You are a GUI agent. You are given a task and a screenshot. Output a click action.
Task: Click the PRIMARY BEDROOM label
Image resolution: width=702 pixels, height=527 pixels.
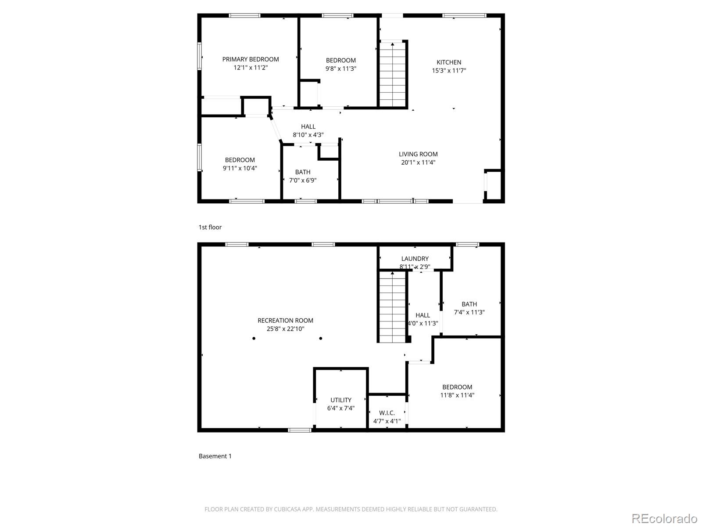point(251,59)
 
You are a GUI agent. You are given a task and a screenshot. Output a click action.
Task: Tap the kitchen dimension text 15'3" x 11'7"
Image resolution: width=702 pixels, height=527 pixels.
point(448,70)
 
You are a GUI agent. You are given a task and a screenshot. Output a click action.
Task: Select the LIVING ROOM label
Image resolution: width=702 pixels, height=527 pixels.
point(418,154)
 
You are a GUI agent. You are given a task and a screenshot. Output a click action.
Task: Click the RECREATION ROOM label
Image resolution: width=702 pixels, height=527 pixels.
point(285,321)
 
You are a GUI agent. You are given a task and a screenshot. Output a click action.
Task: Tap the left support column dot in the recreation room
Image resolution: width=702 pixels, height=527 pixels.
point(254,338)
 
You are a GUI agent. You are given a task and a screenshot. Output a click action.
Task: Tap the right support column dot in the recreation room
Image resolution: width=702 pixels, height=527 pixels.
point(321,338)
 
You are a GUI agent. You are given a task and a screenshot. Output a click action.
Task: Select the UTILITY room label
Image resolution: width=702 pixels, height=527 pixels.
point(341,400)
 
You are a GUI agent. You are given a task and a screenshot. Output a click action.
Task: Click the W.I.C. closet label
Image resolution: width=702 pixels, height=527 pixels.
point(387,413)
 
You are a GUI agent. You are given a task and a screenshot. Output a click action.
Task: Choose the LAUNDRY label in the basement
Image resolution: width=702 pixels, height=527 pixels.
point(415,259)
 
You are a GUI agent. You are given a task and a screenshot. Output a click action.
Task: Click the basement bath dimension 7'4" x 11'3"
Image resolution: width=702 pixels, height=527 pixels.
point(469,312)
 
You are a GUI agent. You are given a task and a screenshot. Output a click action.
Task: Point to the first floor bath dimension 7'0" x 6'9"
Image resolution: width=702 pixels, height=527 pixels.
point(303,180)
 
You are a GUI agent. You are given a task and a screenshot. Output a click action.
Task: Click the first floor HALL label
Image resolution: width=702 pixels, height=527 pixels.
point(308,126)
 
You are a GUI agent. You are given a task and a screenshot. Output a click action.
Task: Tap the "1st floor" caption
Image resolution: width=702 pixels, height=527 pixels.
point(210,227)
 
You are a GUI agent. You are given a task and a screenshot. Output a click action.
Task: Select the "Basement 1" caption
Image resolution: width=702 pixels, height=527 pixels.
point(215,456)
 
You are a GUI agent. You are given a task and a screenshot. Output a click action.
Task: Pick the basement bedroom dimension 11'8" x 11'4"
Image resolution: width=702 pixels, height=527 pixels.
point(457,395)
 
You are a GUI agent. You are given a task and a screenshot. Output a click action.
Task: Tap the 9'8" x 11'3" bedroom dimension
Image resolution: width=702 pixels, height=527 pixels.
point(340,69)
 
